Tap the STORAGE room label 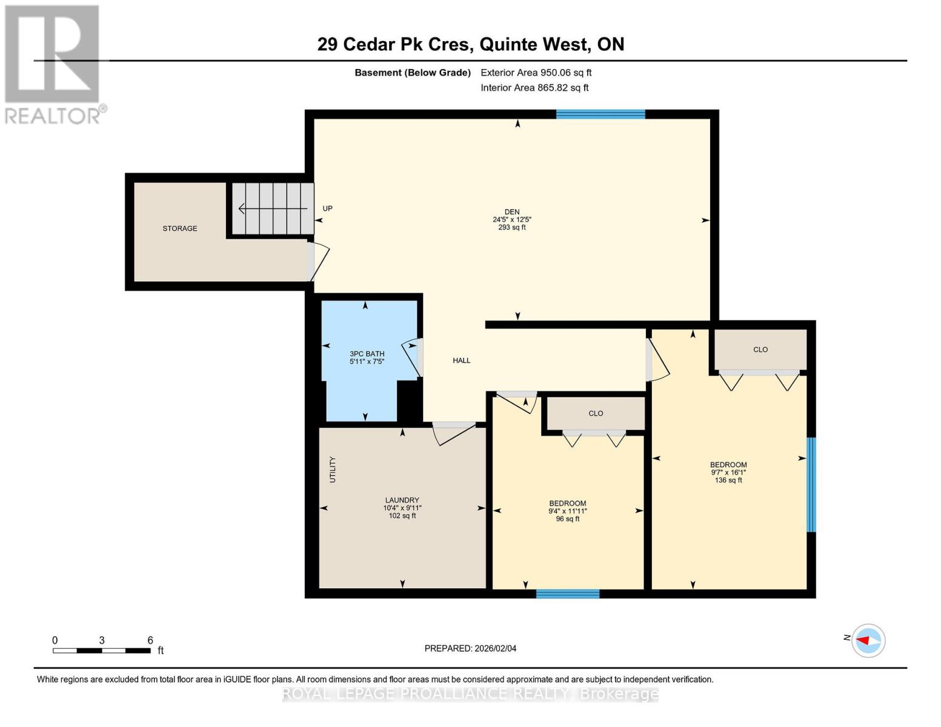pos(180,228)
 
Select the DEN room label pos(512,212)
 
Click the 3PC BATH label pos(367,354)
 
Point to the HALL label pos(462,360)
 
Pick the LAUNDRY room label pos(402,500)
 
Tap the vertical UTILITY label pos(332,470)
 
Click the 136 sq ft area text pos(728,480)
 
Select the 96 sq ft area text pos(568,519)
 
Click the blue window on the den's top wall pos(600,114)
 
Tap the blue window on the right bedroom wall pos(811,485)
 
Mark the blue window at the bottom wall pos(568,594)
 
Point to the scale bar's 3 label pos(102,640)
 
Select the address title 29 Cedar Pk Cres pos(393,44)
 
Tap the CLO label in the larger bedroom pos(760,350)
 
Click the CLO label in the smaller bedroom pos(596,413)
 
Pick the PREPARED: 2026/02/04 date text pos(470,648)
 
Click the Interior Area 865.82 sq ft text pos(534,88)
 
